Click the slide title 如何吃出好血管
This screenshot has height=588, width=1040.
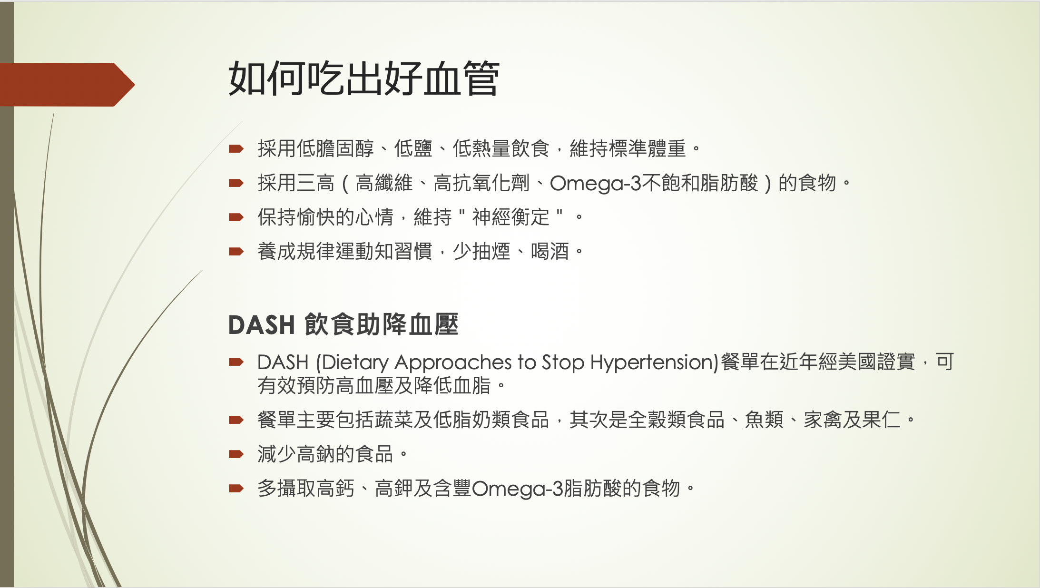(364, 78)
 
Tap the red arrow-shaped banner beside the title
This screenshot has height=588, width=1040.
(67, 85)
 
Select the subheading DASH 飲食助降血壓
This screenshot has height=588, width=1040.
(343, 325)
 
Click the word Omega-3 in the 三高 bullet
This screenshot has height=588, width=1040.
(596, 183)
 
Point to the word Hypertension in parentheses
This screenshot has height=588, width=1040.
(651, 363)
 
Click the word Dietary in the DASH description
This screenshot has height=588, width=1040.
(355, 363)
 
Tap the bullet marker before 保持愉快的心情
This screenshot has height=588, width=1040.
(236, 217)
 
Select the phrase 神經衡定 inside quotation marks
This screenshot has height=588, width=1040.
(510, 217)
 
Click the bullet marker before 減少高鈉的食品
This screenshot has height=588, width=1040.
(236, 454)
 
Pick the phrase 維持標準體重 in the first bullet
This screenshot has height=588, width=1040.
(628, 149)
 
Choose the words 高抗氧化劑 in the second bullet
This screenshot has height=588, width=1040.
(481, 183)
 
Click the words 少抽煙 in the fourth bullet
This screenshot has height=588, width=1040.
(481, 252)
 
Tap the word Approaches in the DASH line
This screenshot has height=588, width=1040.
(453, 363)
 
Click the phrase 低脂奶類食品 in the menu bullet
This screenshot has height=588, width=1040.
(491, 420)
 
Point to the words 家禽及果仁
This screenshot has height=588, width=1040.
(852, 420)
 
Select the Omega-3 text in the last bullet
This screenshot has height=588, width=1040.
(518, 489)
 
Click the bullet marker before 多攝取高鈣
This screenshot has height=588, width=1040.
(236, 488)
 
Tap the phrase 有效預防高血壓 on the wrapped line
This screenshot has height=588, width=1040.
(325, 385)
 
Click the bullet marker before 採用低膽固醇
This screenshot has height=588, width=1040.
(236, 149)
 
